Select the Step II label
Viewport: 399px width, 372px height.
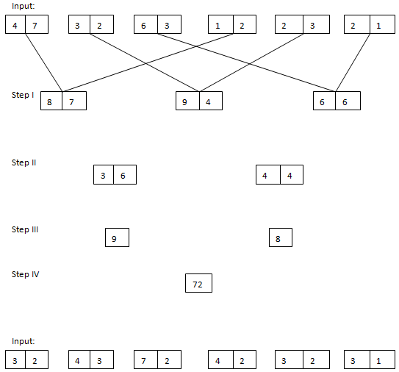24,162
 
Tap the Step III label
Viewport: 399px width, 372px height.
25,229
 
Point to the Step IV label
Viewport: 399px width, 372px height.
25,274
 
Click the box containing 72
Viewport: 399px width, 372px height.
198,283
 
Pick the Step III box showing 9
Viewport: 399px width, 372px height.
117,237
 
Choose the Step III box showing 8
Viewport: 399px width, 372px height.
280,237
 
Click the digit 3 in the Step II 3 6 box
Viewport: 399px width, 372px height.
104,175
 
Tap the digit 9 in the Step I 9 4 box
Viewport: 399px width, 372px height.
186,101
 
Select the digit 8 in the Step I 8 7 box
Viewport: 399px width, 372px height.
51,101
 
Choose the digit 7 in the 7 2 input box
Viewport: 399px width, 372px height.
145,360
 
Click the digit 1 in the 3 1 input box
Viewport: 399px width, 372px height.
378,360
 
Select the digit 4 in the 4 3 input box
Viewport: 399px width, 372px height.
78,360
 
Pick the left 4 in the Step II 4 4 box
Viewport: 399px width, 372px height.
266,175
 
